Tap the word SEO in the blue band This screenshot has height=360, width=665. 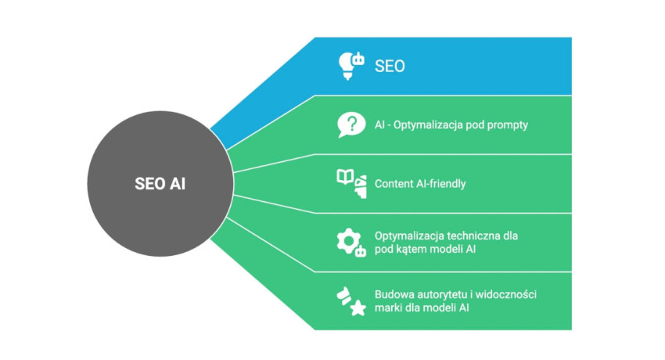point(390,67)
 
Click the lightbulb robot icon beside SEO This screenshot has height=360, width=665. point(350,66)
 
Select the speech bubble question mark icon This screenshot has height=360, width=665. point(351,124)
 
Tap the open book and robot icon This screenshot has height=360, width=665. point(351,183)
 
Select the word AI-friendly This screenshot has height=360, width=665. point(444,184)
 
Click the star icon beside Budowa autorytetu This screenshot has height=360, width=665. point(357,308)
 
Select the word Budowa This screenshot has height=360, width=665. point(394,294)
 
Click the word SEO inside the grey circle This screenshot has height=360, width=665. point(150,185)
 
